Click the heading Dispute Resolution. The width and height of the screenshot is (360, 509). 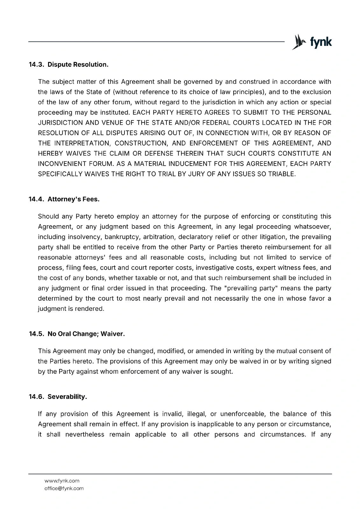click(x=78, y=65)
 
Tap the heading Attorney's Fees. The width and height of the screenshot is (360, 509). click(x=74, y=199)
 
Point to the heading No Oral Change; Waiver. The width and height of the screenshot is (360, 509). click(x=86, y=334)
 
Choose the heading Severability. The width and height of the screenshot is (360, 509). click(x=67, y=397)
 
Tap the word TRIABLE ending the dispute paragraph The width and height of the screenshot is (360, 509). click(x=282, y=174)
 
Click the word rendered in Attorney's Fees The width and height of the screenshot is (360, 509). click(x=89, y=309)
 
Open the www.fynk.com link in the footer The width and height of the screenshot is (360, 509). click(x=62, y=481)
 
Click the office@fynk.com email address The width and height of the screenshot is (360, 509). click(x=64, y=488)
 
